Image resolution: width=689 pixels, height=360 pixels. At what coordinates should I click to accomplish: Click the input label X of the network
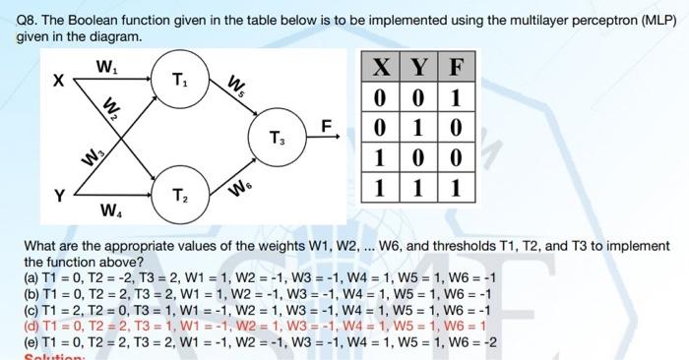coord(59,84)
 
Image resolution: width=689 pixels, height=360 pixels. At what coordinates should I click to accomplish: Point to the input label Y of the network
coord(58,194)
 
